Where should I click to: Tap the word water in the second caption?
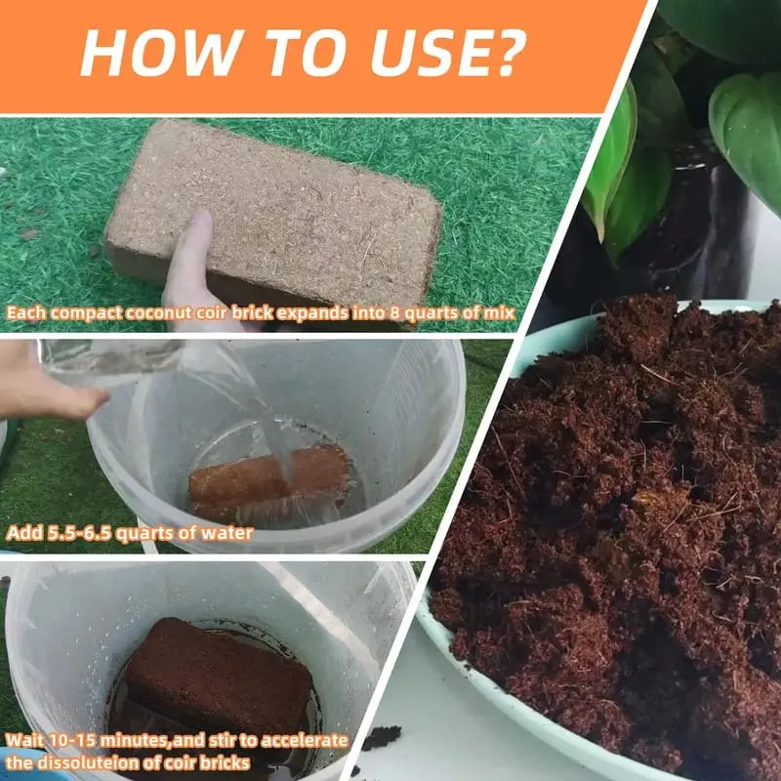[x=226, y=533]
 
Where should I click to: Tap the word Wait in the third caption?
[x=24, y=740]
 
